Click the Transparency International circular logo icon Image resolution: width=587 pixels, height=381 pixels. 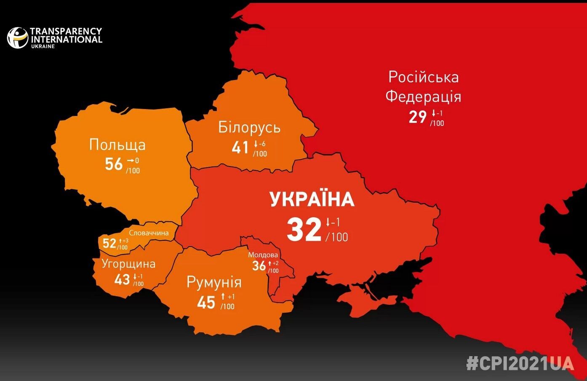[x=18, y=38]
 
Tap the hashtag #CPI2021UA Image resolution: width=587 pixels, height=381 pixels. [x=520, y=363]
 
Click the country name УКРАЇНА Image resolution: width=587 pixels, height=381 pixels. [x=312, y=199]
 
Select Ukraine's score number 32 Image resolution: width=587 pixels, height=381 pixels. [x=304, y=230]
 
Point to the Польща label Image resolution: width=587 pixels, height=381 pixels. [x=117, y=145]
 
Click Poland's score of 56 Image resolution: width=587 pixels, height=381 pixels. [x=114, y=164]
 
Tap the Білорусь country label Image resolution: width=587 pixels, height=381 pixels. [x=249, y=127]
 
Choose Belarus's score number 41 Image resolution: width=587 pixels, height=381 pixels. [x=240, y=148]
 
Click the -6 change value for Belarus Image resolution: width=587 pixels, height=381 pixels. [x=261, y=144]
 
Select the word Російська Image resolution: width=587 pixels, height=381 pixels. [x=423, y=77]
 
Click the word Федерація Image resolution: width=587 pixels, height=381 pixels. [x=423, y=97]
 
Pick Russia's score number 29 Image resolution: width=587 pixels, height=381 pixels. [x=417, y=117]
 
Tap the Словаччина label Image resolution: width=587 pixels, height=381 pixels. [x=149, y=233]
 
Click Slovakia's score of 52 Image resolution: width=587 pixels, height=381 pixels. [x=109, y=243]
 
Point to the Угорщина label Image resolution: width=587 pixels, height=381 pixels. [x=128, y=264]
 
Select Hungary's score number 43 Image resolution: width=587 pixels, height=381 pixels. [x=122, y=279]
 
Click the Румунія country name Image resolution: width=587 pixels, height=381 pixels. [x=214, y=282]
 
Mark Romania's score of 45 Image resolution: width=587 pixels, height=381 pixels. [x=206, y=302]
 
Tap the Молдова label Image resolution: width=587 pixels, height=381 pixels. [x=263, y=255]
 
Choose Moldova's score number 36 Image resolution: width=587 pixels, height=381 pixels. [x=259, y=266]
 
